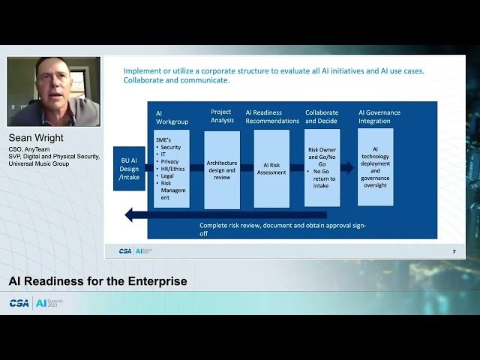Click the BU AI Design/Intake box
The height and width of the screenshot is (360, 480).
tap(129, 169)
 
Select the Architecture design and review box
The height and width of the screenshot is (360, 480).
tap(222, 169)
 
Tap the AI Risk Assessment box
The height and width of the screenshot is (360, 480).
tap(271, 169)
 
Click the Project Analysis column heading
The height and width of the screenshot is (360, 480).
tap(222, 116)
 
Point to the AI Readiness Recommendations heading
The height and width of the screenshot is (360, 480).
tap(271, 116)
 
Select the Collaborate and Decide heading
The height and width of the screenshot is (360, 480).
tap(321, 116)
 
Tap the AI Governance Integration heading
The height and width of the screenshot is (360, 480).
tap(379, 116)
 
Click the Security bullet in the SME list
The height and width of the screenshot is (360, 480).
tap(170, 148)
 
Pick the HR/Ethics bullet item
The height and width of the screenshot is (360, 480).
tap(173, 169)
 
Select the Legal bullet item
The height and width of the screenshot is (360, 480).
tap(168, 176)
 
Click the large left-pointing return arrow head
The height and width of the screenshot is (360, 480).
tap(131, 215)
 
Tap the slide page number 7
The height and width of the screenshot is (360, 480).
tap(453, 251)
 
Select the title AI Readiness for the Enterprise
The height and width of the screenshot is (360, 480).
tap(97, 281)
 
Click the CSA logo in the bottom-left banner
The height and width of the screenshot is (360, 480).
tap(19, 303)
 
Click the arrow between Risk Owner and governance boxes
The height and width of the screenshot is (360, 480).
tap(347, 168)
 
